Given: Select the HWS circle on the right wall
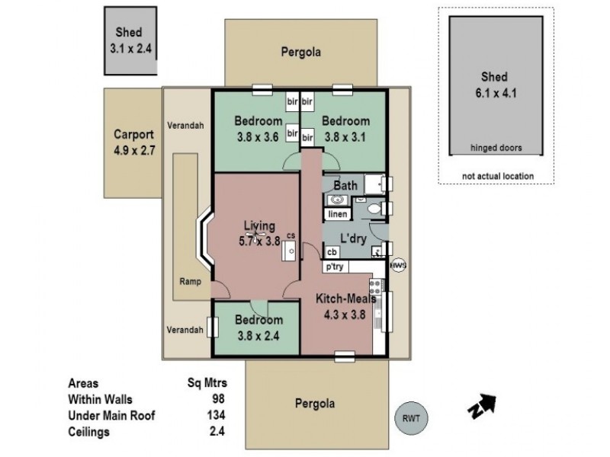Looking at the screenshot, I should tap(396, 266).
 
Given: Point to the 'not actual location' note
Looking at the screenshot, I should tap(498, 176).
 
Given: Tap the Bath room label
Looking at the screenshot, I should tap(345, 185).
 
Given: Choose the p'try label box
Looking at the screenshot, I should tap(335, 267).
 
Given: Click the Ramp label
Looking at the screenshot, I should tap(190, 281).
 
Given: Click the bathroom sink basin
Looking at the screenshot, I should tap(336, 200).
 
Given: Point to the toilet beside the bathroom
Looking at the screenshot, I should tap(374, 208).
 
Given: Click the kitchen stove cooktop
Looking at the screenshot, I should tap(374, 287).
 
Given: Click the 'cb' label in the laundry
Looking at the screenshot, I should tap(332, 252).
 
